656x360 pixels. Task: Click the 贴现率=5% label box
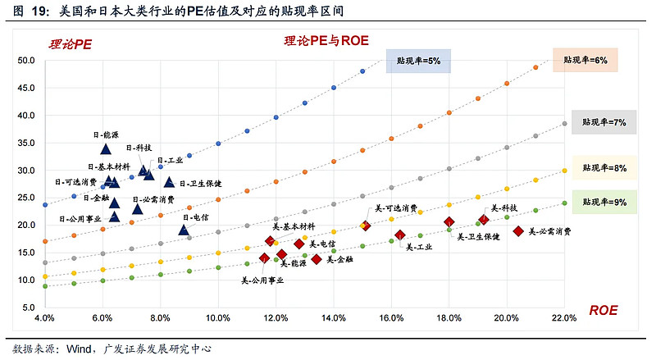(418, 62)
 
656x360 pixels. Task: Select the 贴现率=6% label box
(585, 61)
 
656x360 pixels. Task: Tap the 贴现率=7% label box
(604, 122)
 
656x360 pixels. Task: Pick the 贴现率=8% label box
(604, 168)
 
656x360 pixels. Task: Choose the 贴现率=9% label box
(604, 201)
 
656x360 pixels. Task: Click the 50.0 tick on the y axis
(25, 60)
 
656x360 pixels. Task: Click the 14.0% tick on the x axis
(333, 317)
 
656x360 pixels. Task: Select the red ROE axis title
(603, 310)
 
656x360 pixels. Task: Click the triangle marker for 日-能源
(106, 148)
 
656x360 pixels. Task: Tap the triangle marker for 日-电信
(184, 230)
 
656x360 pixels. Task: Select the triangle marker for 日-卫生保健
(170, 182)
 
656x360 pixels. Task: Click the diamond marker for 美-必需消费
(518, 231)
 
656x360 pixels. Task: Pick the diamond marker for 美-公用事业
(264, 258)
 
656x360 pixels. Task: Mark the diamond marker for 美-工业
(400, 235)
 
